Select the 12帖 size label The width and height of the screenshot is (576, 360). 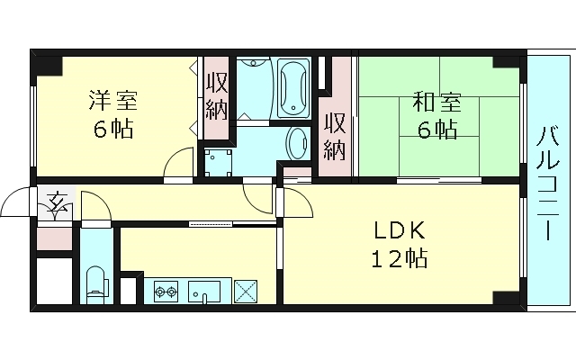pos(399,260)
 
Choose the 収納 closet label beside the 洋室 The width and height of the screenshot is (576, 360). pos(216,97)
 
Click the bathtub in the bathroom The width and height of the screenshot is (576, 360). pos(293,89)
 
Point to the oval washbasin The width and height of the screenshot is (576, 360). pos(296,144)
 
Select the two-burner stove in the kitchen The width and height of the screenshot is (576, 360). pos(166,291)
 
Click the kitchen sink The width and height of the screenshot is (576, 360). pos(205,291)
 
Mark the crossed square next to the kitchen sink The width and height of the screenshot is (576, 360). pos(245,292)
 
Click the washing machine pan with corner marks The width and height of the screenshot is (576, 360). pos(217,163)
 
